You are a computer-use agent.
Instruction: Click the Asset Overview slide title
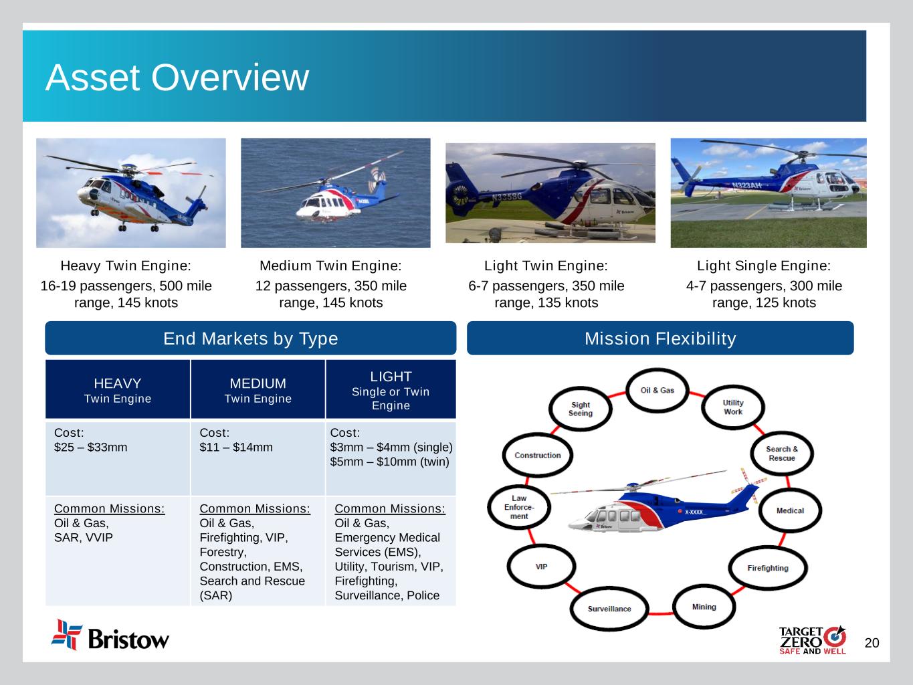177,78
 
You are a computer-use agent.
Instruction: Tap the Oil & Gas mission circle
657,390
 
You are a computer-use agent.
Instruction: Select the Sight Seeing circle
581,409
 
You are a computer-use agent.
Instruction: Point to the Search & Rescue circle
782,454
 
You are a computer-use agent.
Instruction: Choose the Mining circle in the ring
704,607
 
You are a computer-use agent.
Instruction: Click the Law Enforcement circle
519,507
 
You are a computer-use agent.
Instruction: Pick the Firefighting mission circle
768,568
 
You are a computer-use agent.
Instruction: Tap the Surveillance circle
609,609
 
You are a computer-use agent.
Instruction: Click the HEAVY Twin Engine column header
118,389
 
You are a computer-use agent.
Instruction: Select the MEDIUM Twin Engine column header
258,389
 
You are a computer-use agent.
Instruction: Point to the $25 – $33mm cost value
91,447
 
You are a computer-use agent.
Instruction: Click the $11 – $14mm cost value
236,447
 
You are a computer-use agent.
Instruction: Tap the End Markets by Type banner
250,338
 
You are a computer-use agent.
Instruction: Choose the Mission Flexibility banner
660,338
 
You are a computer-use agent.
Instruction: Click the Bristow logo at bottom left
110,635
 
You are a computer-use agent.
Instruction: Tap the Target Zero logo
813,640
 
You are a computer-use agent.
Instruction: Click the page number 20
872,643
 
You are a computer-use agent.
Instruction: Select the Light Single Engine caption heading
764,266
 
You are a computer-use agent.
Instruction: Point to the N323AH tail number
746,185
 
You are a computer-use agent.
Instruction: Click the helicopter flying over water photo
336,193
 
